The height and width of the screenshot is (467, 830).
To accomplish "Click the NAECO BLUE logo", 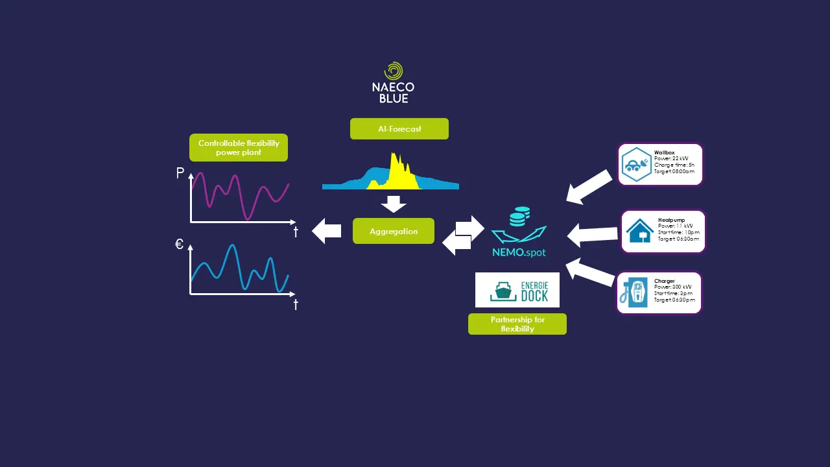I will (x=393, y=82).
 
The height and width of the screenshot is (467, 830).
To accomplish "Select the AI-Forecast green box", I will (x=399, y=129).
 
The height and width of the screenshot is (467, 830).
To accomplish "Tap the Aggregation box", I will (x=394, y=232).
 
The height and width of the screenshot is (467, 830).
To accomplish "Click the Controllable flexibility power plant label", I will (x=239, y=148).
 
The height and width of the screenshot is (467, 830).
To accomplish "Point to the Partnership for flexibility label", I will (x=517, y=324).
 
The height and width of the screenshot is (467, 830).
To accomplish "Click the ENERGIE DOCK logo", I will (x=517, y=290).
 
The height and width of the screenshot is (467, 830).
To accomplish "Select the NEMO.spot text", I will (x=519, y=252).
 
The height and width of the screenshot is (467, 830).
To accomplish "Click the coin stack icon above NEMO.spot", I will (x=520, y=216).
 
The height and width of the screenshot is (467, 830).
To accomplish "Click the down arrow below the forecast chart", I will (x=394, y=204).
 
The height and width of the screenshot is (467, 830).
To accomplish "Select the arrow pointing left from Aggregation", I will (x=327, y=231).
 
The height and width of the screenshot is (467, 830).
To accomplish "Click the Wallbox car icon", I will (x=635, y=165).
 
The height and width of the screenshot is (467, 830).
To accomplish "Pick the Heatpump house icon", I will (x=639, y=232).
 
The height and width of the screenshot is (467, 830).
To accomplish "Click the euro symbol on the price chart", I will (x=180, y=245).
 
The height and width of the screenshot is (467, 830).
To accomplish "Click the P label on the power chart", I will (x=180, y=173).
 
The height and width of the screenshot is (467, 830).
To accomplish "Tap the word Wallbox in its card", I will (x=664, y=153).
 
